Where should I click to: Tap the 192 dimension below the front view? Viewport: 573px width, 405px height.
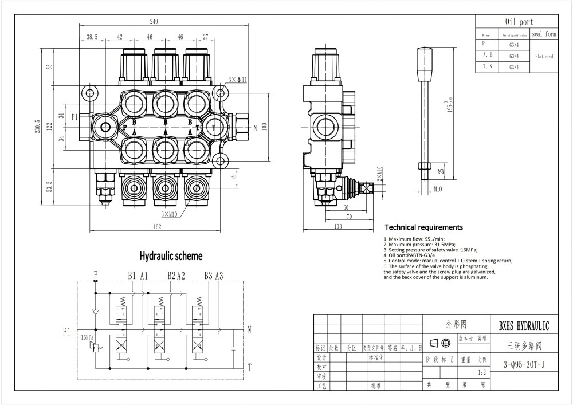158,227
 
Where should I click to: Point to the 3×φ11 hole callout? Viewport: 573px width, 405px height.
237,79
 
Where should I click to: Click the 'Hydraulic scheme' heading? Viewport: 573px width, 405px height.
163,255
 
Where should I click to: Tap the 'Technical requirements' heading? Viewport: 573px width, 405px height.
423,227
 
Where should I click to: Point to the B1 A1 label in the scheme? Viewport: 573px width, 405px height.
138,276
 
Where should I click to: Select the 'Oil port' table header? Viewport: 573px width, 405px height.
518,22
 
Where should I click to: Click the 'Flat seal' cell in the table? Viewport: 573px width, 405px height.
544,57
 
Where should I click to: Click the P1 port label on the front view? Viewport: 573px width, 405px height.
74,117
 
